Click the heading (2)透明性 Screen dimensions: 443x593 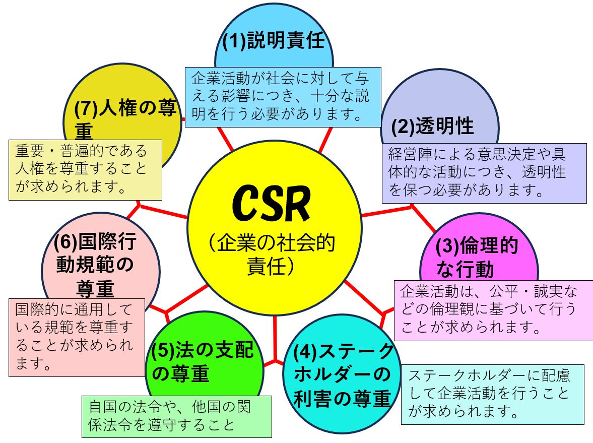click(x=433, y=126)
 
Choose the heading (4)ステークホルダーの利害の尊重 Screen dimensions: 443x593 click(x=343, y=375)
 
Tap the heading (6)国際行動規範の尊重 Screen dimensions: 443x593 click(x=95, y=265)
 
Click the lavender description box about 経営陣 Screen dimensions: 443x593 click(x=484, y=173)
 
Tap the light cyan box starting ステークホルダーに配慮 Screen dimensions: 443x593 click(x=492, y=395)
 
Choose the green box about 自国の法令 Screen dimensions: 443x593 click(x=176, y=416)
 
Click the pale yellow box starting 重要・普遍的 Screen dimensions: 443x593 click(x=85, y=170)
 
